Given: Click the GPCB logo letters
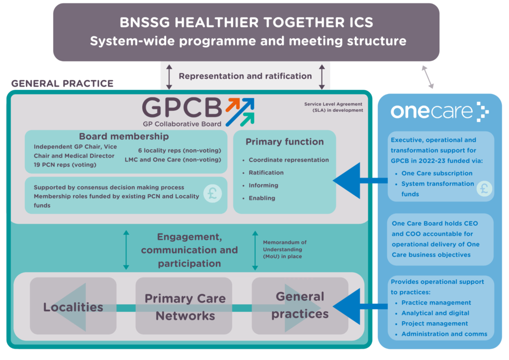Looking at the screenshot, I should pyautogui.click(x=182, y=107).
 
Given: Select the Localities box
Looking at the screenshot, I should pyautogui.click(x=73, y=306).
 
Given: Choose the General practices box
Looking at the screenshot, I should pyautogui.click(x=300, y=305).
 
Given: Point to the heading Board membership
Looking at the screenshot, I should pyautogui.click(x=124, y=136).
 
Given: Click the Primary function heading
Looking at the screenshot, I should pyautogui.click(x=284, y=142).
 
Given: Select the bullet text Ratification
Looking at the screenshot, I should pyautogui.click(x=266, y=173).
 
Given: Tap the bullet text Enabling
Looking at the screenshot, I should pyautogui.click(x=262, y=198).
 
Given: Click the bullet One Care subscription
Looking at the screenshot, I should pyautogui.click(x=437, y=173).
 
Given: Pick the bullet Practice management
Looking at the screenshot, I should pyautogui.click(x=436, y=302).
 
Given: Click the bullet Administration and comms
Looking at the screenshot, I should pyautogui.click(x=444, y=334).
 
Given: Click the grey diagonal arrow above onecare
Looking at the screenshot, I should pyautogui.click(x=427, y=77).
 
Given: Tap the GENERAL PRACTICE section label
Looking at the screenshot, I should pyautogui.click(x=62, y=84).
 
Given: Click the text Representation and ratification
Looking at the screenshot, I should pyautogui.click(x=245, y=76).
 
